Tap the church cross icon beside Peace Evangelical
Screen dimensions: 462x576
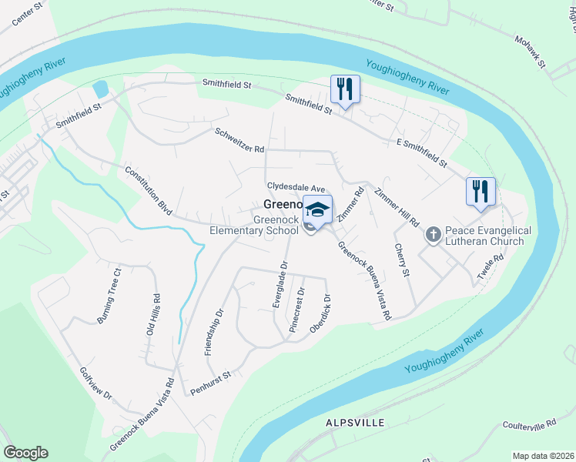433,233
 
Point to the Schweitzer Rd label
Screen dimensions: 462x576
239,139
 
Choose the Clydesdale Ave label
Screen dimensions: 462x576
297,187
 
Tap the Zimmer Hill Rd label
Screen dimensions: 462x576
397,206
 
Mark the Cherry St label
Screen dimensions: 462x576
401,261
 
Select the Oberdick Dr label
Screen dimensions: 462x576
320,314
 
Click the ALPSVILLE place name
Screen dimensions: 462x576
353,423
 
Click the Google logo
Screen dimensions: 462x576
25,453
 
